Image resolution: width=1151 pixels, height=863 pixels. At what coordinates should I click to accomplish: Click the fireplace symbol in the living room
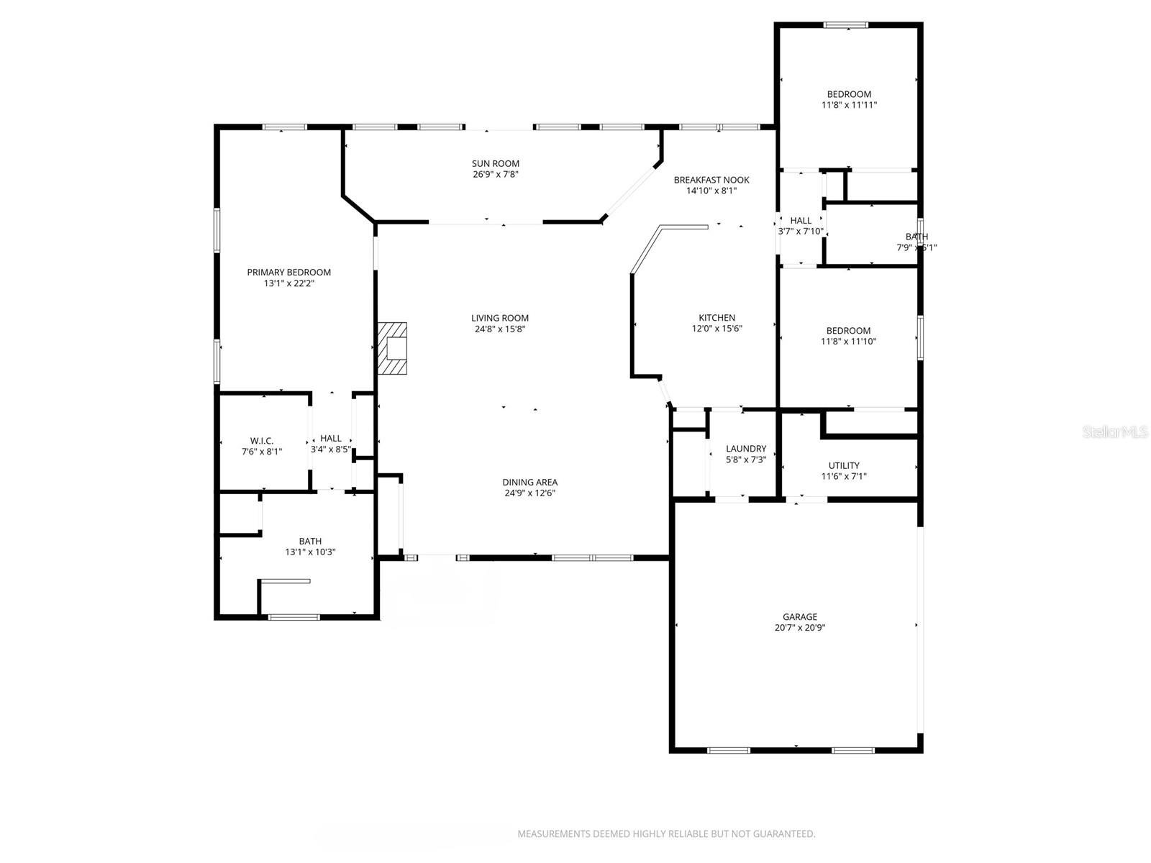point(393,349)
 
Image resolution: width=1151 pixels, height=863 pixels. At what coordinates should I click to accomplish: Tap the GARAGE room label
point(800,616)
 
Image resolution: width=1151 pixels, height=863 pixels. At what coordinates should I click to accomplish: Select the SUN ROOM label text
point(496,163)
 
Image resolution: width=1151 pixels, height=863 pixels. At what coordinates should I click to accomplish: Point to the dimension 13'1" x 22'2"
point(289,283)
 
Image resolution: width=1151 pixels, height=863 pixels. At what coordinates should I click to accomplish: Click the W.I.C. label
point(262,441)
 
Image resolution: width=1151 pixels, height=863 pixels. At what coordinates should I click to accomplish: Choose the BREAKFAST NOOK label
point(711,180)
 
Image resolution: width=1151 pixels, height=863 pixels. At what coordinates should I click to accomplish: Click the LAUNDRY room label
point(746,449)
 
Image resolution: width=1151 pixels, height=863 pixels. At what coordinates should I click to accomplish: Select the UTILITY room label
point(844,465)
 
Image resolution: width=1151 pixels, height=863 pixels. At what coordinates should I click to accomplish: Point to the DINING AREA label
point(529,482)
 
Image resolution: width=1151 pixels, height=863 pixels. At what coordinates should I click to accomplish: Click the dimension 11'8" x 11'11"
point(849,105)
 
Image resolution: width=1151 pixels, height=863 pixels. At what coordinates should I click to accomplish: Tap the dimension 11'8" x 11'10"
point(849,342)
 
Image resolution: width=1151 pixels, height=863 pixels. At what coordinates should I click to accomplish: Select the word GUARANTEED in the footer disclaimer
point(783,834)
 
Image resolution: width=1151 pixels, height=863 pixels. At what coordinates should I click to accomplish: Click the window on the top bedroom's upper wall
point(846,25)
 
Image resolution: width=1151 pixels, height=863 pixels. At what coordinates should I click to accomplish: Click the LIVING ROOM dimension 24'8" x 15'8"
point(500,329)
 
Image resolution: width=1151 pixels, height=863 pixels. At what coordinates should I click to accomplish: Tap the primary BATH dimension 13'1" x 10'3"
point(311,552)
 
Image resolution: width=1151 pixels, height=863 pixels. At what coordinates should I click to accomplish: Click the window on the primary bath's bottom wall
point(294,616)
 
